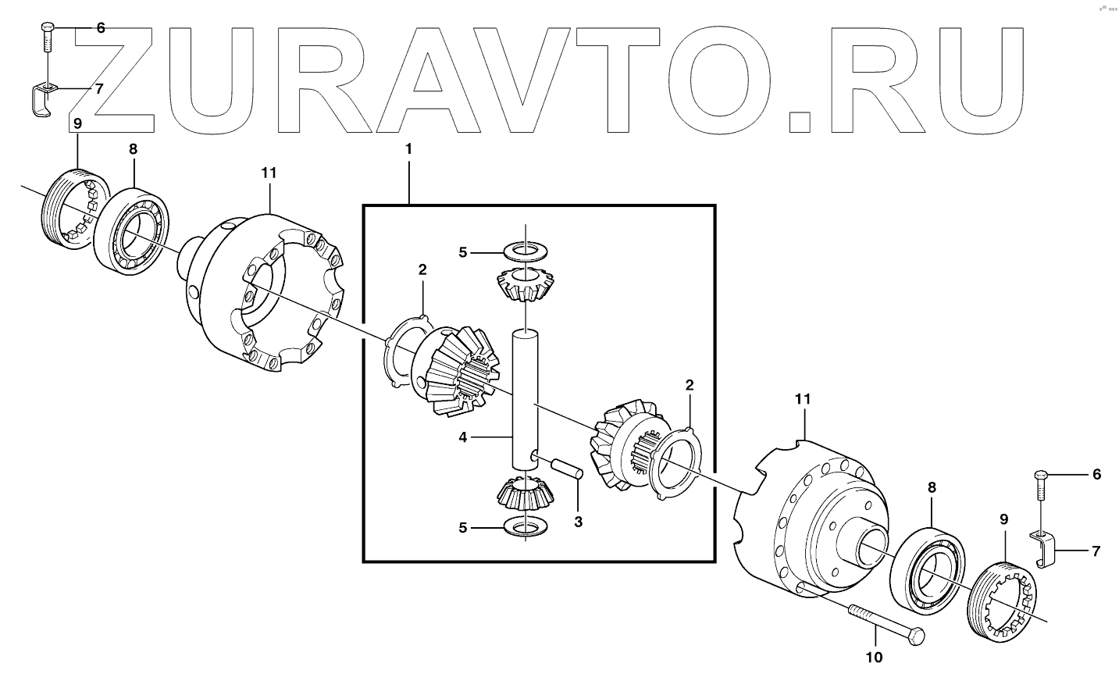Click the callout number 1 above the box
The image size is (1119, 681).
click(408, 148)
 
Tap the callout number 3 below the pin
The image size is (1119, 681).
click(578, 522)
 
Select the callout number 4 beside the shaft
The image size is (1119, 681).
click(463, 437)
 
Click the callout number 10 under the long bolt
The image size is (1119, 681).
click(875, 657)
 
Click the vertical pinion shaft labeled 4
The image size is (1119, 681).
click(524, 398)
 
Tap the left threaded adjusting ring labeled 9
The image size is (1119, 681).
click(69, 210)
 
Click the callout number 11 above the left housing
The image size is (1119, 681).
click(269, 173)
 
